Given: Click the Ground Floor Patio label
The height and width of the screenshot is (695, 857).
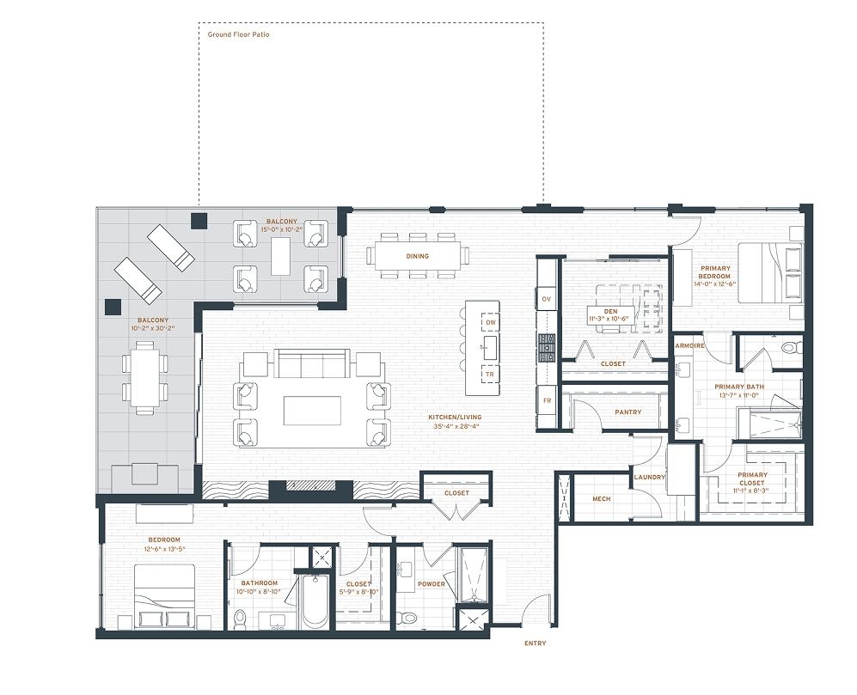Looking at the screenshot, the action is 238,34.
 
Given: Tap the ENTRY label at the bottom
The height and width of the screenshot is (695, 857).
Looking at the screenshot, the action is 535,643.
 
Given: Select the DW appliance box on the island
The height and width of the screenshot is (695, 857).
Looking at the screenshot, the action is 491,322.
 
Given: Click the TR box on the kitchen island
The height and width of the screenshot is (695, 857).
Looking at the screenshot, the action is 490,375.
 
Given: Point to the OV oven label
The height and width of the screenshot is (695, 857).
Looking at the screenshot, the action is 546,300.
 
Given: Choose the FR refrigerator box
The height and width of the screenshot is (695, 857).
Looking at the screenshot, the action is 547,400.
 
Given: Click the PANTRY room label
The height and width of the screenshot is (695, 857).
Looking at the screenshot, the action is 628,412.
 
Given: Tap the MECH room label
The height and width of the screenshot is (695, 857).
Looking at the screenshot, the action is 601,499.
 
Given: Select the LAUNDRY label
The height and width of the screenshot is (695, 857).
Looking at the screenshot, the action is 649,477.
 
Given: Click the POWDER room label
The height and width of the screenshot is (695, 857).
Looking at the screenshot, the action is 432,584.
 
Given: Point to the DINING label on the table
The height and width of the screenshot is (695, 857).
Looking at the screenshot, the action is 418,256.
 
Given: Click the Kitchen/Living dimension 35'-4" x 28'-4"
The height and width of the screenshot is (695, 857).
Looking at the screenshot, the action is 456,425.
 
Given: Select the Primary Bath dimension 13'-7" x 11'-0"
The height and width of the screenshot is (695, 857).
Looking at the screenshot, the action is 739,395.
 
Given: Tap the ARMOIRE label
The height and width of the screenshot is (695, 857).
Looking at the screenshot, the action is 689,346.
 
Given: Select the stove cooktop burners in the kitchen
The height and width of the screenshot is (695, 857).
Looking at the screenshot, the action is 547,348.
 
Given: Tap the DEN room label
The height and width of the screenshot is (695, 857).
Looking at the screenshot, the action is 610,312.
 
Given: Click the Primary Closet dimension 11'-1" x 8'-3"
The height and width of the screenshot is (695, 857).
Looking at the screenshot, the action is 751,491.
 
